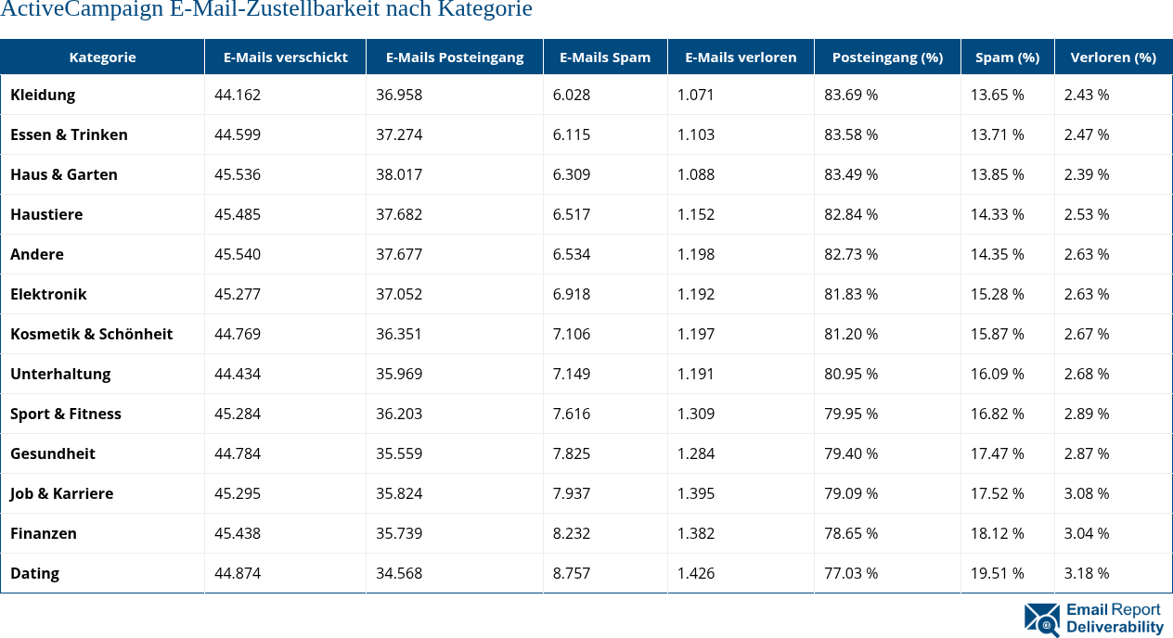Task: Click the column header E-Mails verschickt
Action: click(x=285, y=57)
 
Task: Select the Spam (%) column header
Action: click(x=1007, y=57)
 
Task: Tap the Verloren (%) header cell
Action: click(x=1113, y=57)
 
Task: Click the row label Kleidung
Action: click(x=43, y=95)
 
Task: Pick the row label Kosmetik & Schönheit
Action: click(x=91, y=334)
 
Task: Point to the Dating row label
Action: click(x=34, y=573)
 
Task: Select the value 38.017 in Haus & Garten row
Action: click(x=399, y=174)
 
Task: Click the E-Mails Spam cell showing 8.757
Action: click(x=572, y=573)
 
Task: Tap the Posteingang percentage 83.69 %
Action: click(x=851, y=95)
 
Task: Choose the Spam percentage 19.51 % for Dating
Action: click(x=998, y=573)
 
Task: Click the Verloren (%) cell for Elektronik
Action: click(x=1087, y=294)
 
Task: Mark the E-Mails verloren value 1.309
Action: click(x=696, y=414)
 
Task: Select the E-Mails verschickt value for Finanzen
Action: click(x=238, y=533)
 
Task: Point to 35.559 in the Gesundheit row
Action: click(x=399, y=453)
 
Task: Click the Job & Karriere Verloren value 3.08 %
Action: click(x=1087, y=493)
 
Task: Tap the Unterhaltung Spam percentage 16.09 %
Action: click(x=998, y=374)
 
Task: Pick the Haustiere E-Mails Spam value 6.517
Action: click(x=572, y=214)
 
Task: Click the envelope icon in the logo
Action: click(x=1042, y=619)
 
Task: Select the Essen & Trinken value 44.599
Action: click(x=238, y=134)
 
